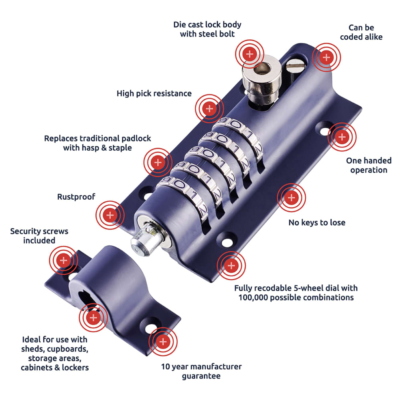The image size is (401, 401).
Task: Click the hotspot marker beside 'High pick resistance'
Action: pyautogui.click(x=209, y=108)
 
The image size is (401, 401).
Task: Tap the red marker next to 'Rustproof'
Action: pyautogui.click(x=110, y=215)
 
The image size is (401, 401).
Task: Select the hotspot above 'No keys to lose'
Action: pyautogui.click(x=292, y=198)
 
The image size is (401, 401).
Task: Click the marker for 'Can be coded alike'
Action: pyautogui.click(x=326, y=57)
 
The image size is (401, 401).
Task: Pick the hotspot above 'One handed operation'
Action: pyautogui.click(x=342, y=138)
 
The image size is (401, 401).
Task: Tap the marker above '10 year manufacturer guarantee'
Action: pyautogui.click(x=163, y=342)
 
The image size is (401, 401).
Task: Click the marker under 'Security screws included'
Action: pyautogui.click(x=63, y=261)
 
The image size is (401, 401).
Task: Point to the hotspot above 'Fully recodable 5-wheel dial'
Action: pyautogui.click(x=231, y=265)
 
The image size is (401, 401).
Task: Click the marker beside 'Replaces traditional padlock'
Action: pyautogui.click(x=158, y=162)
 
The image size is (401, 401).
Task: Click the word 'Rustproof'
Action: pyautogui.click(x=76, y=197)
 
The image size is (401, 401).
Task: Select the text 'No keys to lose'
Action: pyautogui.click(x=317, y=223)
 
